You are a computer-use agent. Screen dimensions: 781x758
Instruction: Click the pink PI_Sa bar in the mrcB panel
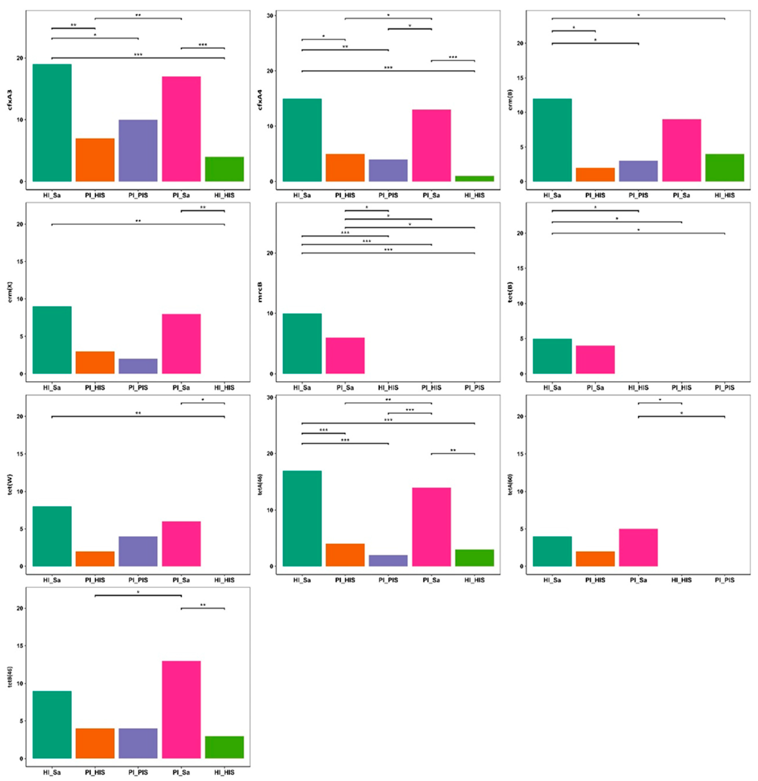coord(345,355)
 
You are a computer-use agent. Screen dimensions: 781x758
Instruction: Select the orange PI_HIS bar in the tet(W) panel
coord(95,559)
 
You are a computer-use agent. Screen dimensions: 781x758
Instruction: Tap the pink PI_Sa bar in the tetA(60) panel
coord(638,547)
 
